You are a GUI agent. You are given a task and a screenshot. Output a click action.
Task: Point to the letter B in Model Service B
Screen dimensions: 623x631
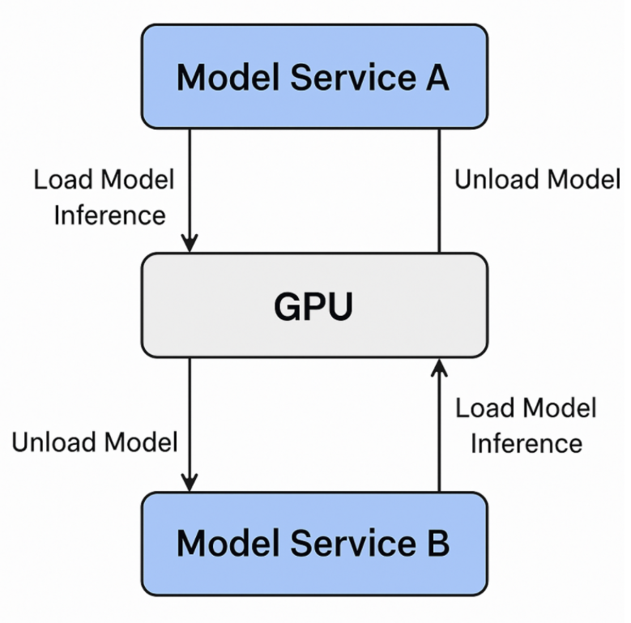click(437, 543)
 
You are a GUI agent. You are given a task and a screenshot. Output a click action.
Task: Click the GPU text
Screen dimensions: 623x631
click(313, 306)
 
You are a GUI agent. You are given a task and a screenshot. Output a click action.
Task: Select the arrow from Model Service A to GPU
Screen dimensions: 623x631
click(189, 186)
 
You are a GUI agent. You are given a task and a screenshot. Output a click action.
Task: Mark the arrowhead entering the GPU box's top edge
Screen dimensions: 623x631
click(189, 243)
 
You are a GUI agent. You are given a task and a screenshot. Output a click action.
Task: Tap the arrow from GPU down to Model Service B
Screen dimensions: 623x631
click(189, 421)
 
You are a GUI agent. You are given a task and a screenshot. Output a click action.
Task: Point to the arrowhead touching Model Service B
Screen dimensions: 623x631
click(189, 483)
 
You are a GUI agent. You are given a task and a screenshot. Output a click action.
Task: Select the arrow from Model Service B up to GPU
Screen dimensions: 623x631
click(439, 429)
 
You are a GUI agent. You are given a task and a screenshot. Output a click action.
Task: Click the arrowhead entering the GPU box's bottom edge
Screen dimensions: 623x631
click(439, 368)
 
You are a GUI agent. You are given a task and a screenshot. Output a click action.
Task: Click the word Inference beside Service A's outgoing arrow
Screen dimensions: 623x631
click(109, 215)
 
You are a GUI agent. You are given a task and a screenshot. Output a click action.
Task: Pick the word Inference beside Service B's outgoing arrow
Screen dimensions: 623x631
click(527, 443)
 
